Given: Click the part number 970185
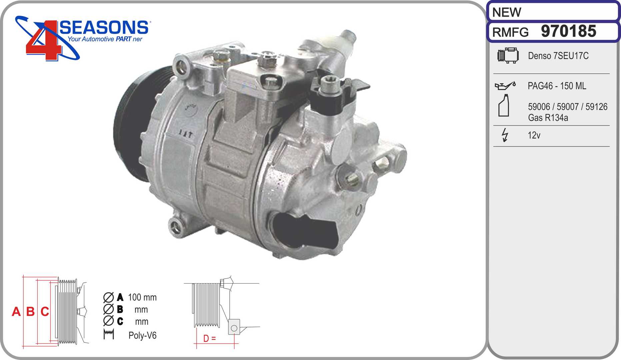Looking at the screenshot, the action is tap(568, 31).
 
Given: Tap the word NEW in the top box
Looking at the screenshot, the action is tap(506, 12).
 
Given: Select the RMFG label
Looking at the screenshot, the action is tap(510, 32).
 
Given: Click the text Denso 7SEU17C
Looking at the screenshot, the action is tap(558, 56).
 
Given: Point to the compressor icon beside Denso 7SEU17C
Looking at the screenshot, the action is tap(508, 55).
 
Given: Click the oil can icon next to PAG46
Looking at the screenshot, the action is tap(505, 86).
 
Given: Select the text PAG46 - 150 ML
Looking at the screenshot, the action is tap(557, 86).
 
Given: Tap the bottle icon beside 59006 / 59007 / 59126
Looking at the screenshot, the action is tap(504, 105).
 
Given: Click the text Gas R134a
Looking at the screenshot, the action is tap(548, 118).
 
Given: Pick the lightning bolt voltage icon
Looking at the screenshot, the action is tap(505, 135).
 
